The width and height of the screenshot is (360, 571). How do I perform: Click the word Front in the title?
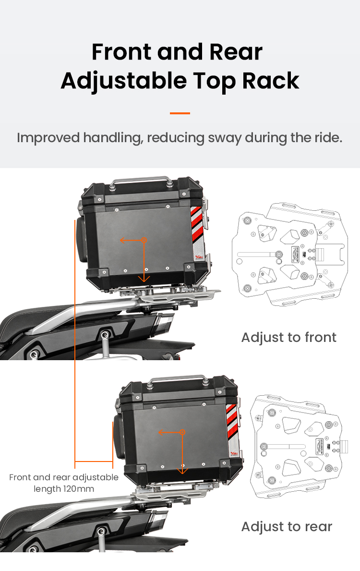pos(121,52)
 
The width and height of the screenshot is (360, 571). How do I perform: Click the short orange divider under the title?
pos(180,113)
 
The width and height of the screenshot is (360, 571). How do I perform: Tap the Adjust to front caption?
pos(288,338)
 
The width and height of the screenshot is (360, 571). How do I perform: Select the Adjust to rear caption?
pos(287,527)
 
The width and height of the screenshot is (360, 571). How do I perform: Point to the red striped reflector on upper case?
pos(196,224)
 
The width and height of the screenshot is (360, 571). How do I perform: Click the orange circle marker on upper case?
pos(144,240)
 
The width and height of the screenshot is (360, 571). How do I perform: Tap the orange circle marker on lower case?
pos(183,432)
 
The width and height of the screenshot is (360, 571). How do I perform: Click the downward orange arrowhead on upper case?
pos(144,279)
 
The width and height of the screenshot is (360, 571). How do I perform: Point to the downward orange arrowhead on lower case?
pos(183,471)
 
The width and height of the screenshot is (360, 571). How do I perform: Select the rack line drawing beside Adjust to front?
pos(290,254)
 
